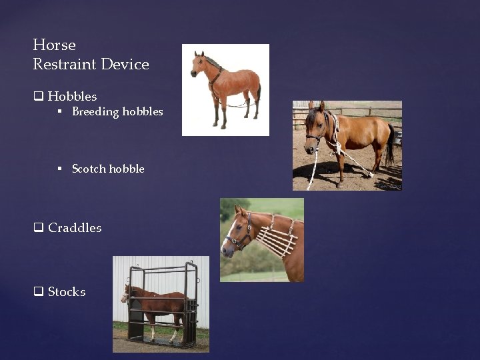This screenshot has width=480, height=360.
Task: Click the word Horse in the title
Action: pos(54,45)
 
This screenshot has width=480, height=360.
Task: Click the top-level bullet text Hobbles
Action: pos(72,97)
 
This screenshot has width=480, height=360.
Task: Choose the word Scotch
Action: pos(88,169)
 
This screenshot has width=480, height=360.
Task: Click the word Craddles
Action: pos(75,228)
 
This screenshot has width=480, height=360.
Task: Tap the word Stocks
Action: pos(67,292)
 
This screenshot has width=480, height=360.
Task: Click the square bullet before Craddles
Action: pos(39,228)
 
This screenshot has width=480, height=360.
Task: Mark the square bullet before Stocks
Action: pos(39,292)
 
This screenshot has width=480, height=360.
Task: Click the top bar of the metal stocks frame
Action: pos(160,268)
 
